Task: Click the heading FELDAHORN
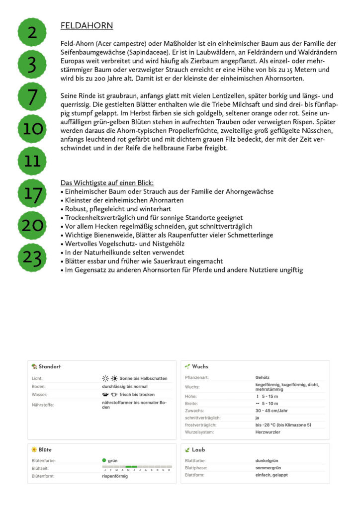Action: (87, 26)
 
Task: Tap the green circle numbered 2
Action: (32, 33)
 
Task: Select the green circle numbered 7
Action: (32, 97)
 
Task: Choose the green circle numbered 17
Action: (32, 193)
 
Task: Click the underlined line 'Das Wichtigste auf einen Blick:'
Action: (107, 183)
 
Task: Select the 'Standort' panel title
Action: (49, 367)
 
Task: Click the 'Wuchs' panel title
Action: (200, 367)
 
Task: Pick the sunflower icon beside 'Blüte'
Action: (34, 450)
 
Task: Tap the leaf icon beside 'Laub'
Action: (187, 450)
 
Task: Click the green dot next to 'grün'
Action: (104, 461)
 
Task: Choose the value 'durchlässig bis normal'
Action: (125, 386)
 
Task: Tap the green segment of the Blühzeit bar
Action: (131, 467)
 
